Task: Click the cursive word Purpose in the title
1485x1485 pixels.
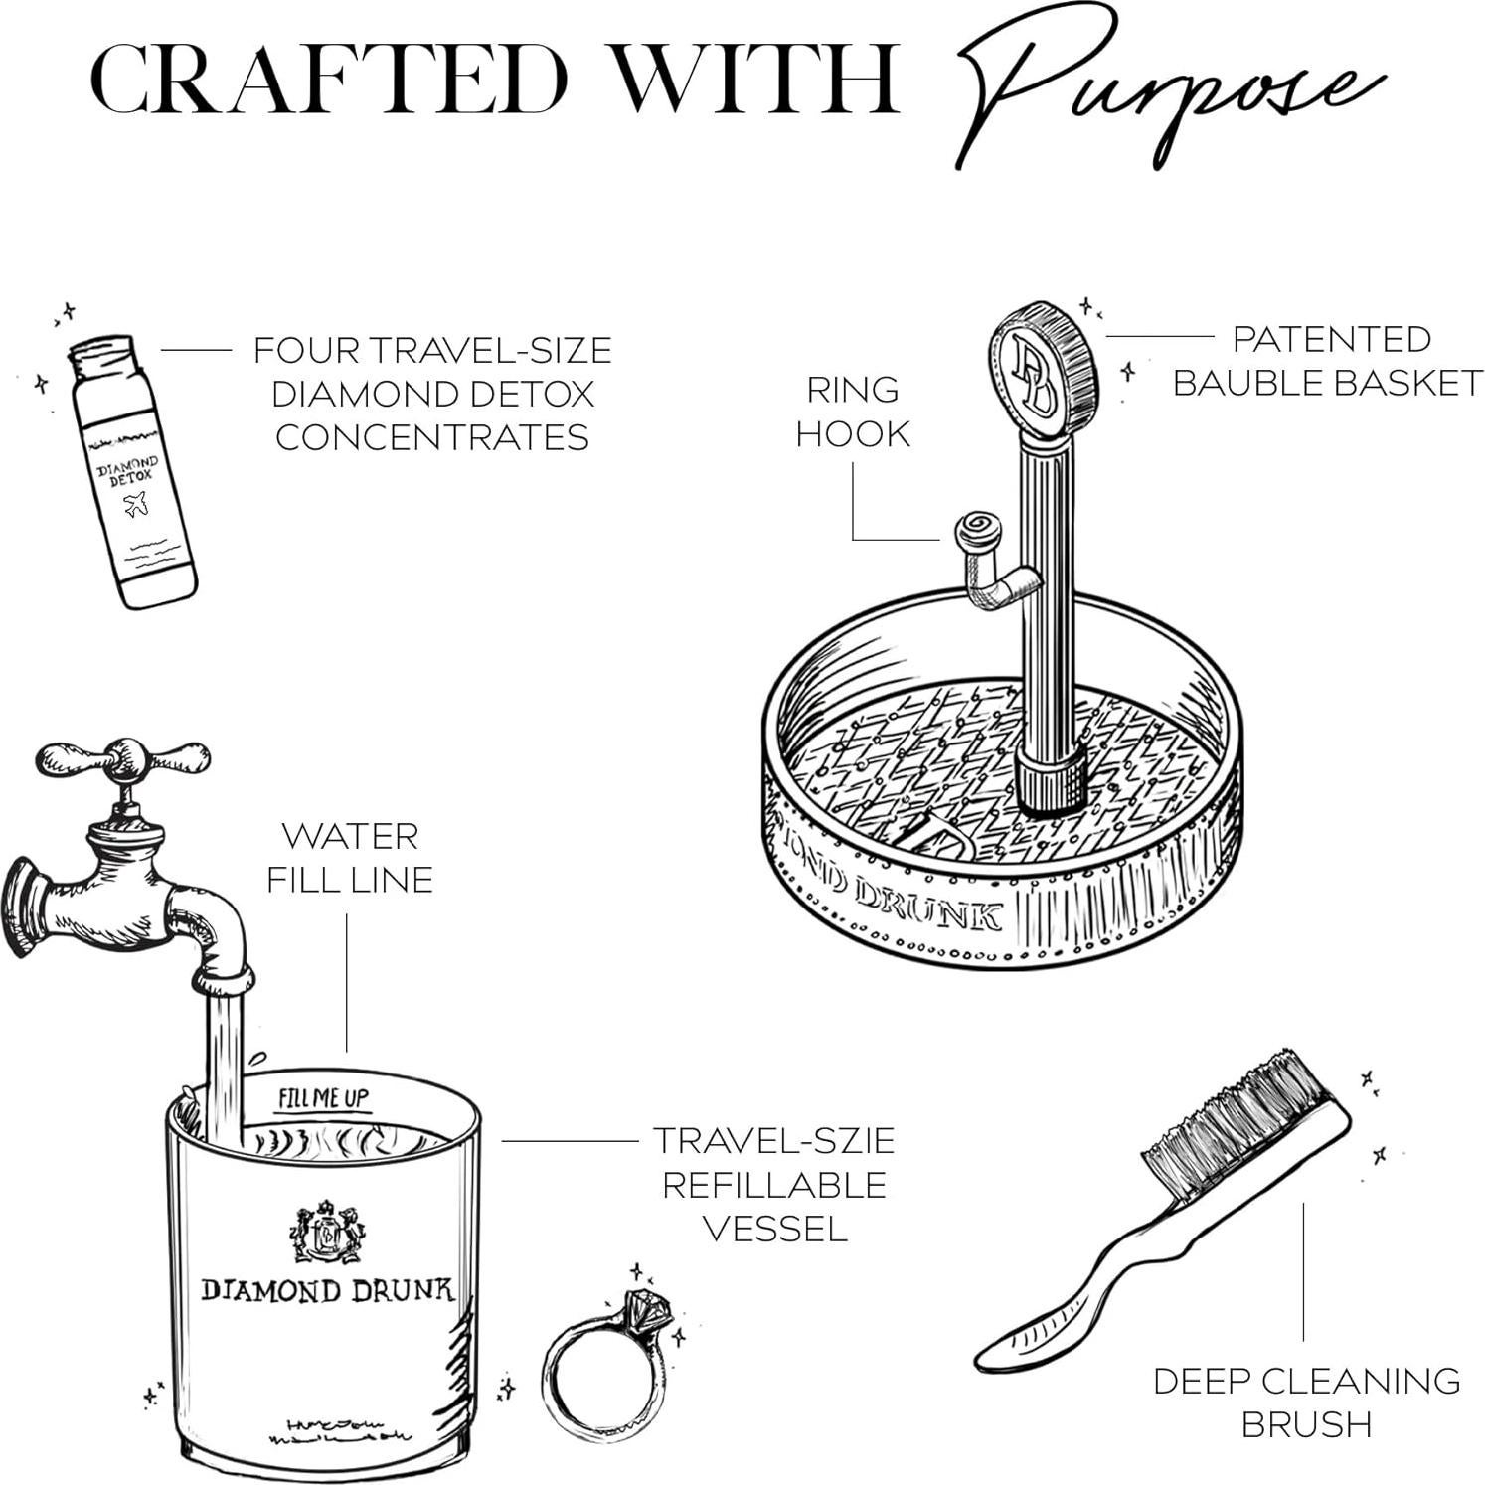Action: click(x=1163, y=84)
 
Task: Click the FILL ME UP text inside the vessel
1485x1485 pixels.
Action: click(x=323, y=1098)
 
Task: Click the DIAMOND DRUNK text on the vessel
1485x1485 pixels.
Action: click(x=327, y=1290)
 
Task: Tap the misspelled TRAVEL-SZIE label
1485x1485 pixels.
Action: click(x=773, y=1140)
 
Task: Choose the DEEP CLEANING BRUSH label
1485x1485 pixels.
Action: click(x=1306, y=1402)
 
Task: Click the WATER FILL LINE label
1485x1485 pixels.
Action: click(x=350, y=857)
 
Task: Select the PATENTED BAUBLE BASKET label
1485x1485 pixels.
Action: click(x=1328, y=361)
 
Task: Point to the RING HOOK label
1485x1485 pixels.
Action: click(x=853, y=412)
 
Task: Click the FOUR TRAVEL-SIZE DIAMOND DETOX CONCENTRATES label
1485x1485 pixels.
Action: click(x=432, y=394)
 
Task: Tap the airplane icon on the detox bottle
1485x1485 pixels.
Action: click(x=136, y=506)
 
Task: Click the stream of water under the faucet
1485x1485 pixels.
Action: click(x=225, y=1064)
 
